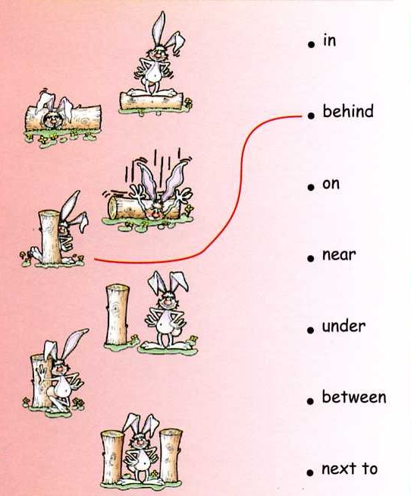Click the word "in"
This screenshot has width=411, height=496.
329,41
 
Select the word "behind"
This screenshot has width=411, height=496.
348,112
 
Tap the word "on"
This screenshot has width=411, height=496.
331,184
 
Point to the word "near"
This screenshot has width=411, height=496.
339,255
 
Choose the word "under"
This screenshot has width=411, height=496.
344,326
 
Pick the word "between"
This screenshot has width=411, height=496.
354,397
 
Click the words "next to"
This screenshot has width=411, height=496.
350,469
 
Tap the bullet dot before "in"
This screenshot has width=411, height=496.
311,44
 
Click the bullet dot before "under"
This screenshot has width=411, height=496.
311,330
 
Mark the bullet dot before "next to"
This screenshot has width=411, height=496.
311,472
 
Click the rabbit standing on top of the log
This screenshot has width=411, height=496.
157,56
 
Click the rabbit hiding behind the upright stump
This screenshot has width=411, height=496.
70,228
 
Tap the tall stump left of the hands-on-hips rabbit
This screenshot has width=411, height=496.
118,314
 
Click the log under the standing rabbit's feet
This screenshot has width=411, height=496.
152,101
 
